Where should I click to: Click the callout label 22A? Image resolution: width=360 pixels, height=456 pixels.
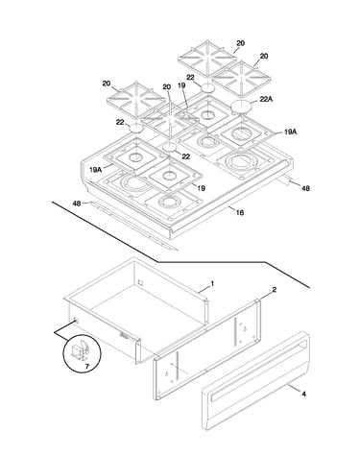(x=266, y=100)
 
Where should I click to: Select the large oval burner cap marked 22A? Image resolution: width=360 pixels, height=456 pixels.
(x=242, y=106)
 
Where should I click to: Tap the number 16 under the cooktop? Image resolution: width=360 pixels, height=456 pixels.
(x=240, y=212)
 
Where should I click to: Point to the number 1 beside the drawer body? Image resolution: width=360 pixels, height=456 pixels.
(x=212, y=283)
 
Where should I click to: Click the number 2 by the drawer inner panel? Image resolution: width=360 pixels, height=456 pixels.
(x=275, y=290)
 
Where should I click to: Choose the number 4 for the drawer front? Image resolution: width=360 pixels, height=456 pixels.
(x=303, y=394)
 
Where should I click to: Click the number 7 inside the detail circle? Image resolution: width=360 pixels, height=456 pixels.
(x=87, y=367)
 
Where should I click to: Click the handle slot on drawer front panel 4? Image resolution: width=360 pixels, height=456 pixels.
(x=258, y=371)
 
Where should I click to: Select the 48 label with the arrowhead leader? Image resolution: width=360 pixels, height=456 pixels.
(x=305, y=188)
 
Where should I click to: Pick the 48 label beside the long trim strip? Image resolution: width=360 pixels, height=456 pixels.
(x=77, y=204)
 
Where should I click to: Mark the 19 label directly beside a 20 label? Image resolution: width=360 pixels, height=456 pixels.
(x=181, y=85)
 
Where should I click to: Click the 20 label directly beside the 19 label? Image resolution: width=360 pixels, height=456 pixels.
(x=166, y=86)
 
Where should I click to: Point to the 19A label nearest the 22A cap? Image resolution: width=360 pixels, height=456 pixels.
(x=290, y=132)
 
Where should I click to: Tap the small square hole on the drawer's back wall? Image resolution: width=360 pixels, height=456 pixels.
(x=140, y=282)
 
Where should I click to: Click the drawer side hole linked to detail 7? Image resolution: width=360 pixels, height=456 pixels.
(x=76, y=320)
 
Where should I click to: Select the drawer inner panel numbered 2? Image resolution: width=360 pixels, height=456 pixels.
(x=207, y=349)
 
